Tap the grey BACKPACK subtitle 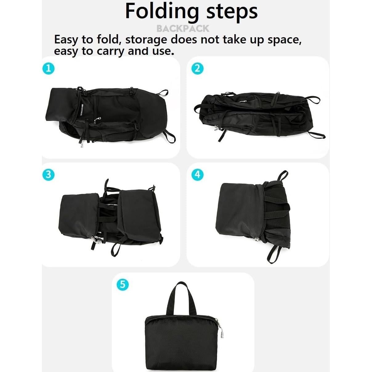183,29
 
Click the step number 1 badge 48,68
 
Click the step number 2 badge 197,68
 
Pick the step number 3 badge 48,175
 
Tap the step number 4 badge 197,175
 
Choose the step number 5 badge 123,284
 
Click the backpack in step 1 108,115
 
